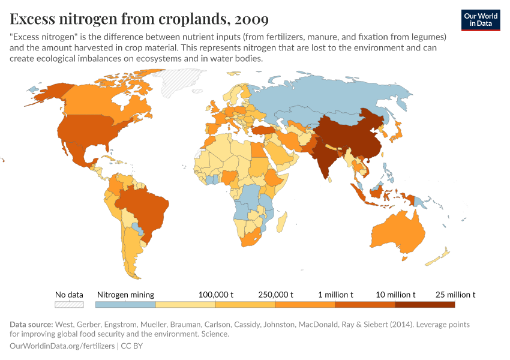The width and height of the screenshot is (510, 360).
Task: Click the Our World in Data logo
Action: (480, 20)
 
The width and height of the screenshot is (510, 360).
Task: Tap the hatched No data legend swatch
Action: (68, 305)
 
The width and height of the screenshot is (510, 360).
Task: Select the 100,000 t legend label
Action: (215, 295)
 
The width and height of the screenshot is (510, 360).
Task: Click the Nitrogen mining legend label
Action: (125, 295)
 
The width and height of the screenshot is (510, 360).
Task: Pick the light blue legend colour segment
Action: (125, 305)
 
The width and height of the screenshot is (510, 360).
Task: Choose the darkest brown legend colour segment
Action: (425, 305)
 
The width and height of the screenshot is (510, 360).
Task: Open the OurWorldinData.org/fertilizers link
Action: (63, 346)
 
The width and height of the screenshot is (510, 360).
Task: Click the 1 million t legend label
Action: (335, 295)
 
